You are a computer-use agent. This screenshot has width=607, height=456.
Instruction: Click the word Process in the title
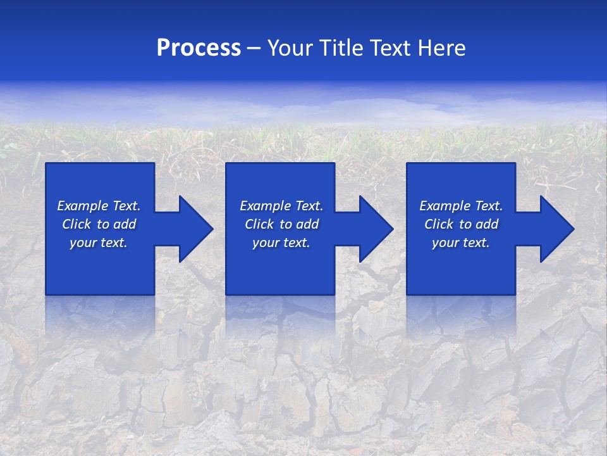click(x=199, y=48)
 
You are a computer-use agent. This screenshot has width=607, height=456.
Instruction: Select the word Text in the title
click(x=392, y=48)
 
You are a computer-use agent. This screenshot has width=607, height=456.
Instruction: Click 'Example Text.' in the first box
click(x=99, y=206)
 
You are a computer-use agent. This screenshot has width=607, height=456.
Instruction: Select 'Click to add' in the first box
click(x=99, y=224)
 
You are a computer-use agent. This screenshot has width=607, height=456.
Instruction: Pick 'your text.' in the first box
click(x=99, y=243)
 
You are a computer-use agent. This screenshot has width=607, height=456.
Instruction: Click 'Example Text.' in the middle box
click(x=281, y=206)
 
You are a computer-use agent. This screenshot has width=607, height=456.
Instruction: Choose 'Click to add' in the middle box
click(x=281, y=224)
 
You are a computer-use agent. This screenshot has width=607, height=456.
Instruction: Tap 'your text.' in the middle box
click(x=281, y=243)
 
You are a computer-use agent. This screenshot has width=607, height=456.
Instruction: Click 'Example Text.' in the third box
click(x=461, y=206)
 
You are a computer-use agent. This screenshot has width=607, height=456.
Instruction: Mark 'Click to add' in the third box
click(x=461, y=224)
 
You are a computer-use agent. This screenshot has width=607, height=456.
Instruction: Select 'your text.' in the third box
click(x=461, y=243)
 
